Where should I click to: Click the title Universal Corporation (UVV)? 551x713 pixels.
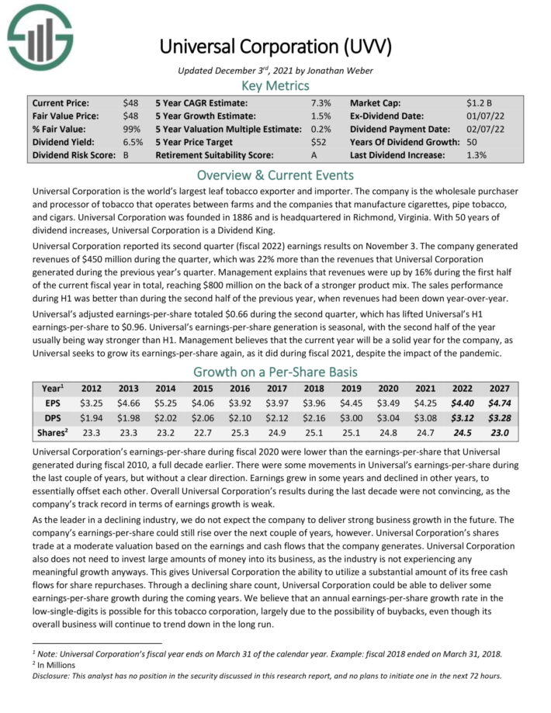(275, 46)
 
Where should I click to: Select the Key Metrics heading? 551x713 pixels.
(275, 85)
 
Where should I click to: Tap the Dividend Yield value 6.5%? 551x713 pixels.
(133, 142)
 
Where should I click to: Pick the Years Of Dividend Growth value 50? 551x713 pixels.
(473, 142)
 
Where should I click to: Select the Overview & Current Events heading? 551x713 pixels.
(275, 175)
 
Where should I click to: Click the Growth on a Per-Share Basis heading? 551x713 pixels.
(275, 372)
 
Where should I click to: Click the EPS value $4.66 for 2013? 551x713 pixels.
(130, 403)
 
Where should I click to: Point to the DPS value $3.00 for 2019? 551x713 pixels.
(351, 417)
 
